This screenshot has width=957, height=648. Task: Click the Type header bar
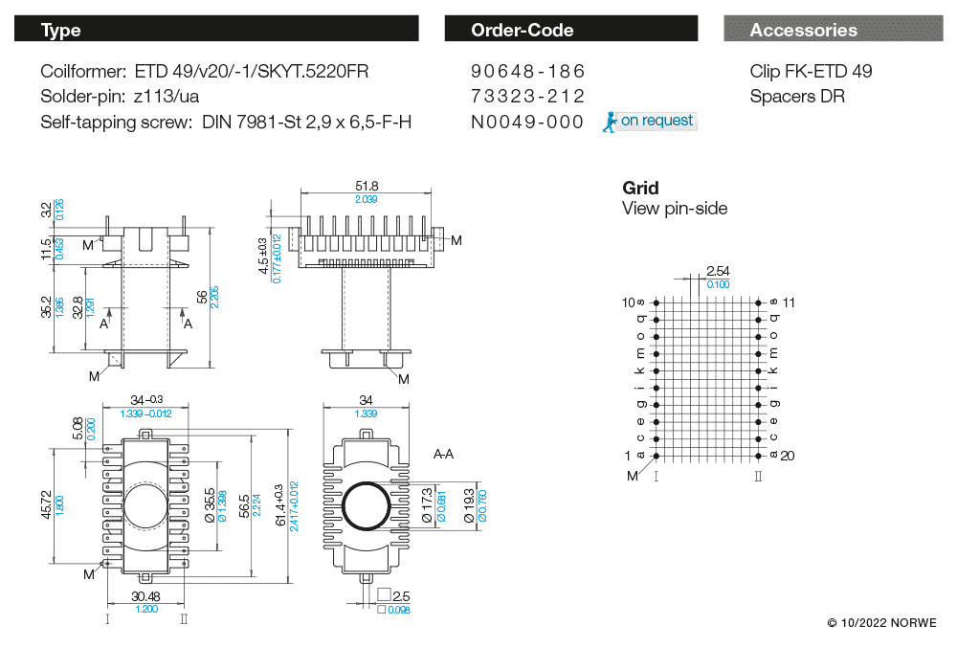[x=216, y=30]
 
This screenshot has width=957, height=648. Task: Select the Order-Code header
[x=570, y=30]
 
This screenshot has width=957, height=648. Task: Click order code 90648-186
[x=527, y=72]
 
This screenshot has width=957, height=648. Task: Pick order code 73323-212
[x=527, y=97]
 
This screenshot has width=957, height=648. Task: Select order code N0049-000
[x=527, y=122]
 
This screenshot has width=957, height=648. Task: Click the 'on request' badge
[x=650, y=122]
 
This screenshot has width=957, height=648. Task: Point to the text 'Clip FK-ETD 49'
[x=811, y=72]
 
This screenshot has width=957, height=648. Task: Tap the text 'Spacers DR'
[x=797, y=97]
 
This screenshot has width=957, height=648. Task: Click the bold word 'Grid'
[x=640, y=188]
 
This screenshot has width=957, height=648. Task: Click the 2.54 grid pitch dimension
[x=717, y=272]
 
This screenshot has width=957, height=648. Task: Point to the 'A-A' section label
[x=443, y=454]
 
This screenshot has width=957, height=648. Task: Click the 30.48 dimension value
[x=145, y=595]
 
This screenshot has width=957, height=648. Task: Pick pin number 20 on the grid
[x=788, y=456]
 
